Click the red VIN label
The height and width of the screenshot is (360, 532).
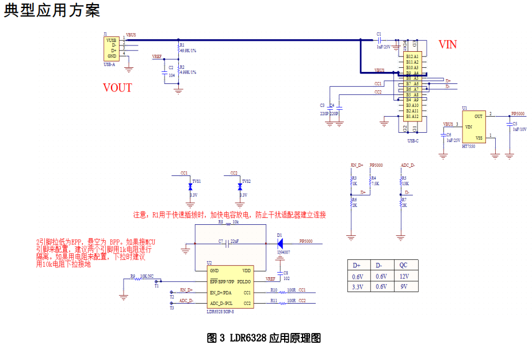coord(447,44)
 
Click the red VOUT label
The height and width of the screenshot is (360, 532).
coord(117,88)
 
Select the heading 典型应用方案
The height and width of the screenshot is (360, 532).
coord(52,10)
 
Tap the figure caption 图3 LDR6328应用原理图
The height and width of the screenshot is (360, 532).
coord(263,338)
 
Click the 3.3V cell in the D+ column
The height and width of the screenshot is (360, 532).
coord(357,286)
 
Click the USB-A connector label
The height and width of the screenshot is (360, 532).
coord(109,64)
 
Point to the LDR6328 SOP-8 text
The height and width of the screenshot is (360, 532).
coord(220,311)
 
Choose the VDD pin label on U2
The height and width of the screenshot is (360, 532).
coord(246,271)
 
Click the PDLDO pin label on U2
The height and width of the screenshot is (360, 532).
coord(244,281)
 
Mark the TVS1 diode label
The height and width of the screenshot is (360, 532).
coord(197,181)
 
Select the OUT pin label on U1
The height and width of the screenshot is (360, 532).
coord(479,116)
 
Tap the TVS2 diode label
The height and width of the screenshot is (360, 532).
coord(246,181)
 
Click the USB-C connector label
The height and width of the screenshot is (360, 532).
coord(412,140)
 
